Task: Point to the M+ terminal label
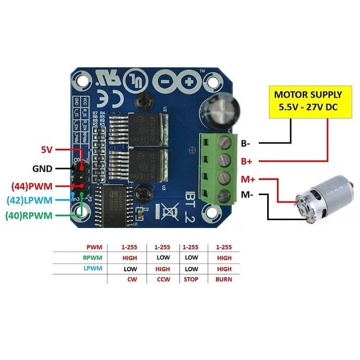click(248, 178)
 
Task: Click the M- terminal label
click(248, 196)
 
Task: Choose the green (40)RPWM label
click(29, 214)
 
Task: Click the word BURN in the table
click(224, 279)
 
